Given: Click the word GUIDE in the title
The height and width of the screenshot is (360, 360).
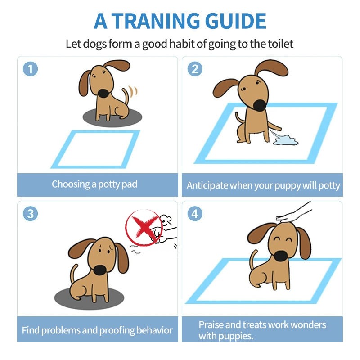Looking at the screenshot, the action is [235, 21].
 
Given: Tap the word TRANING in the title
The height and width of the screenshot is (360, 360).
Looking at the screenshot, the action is [159, 21].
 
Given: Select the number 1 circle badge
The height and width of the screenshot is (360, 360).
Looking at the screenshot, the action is [30, 69].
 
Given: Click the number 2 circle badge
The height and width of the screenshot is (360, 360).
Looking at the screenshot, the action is [195, 69].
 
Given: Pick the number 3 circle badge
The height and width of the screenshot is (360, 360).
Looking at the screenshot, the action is [30, 214].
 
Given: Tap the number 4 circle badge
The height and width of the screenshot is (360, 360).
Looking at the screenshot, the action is [195, 214].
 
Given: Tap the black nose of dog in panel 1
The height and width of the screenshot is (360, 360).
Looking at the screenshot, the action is [103, 93].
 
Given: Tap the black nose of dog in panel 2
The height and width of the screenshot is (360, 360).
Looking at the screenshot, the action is [260, 105].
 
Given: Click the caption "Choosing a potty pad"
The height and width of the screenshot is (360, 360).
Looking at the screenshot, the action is [94, 184].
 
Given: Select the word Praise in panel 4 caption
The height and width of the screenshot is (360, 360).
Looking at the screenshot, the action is [211, 324].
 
